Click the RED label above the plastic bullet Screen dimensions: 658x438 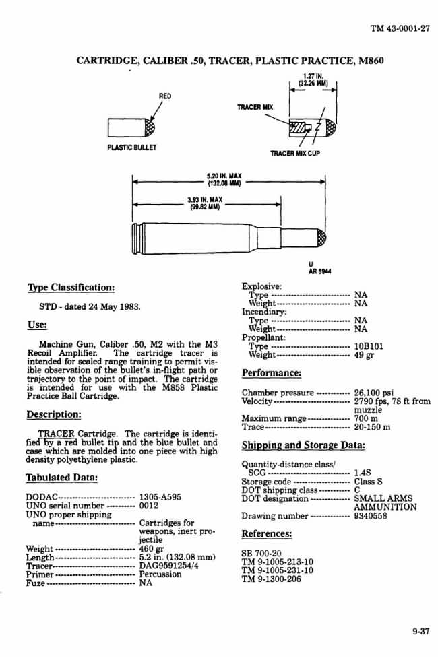pos(164,96)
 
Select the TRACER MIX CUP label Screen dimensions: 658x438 pos(295,154)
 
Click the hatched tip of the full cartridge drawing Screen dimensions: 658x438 pos(321,238)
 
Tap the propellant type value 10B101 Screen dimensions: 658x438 pos(369,346)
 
